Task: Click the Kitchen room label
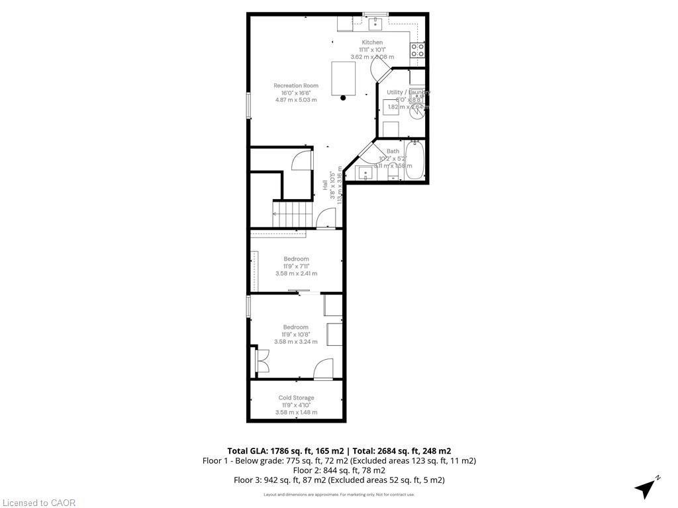pyautogui.click(x=371, y=42)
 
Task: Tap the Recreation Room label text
pyautogui.click(x=296, y=85)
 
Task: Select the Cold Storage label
pyautogui.click(x=296, y=398)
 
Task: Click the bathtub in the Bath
pyautogui.click(x=414, y=160)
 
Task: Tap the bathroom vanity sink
pyautogui.click(x=365, y=173)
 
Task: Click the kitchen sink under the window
pyautogui.click(x=375, y=24)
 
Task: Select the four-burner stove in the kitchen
pyautogui.click(x=417, y=51)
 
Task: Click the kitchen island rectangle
pyautogui.click(x=344, y=78)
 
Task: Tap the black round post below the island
pyautogui.click(x=343, y=99)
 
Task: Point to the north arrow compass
pyautogui.click(x=646, y=488)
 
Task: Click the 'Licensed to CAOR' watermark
pyautogui.click(x=38, y=503)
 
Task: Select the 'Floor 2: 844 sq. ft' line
pyautogui.click(x=338, y=470)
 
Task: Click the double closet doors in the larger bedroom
pyautogui.click(x=261, y=362)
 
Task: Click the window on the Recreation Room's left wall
pyautogui.click(x=249, y=106)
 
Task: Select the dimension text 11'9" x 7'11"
pyautogui.click(x=296, y=266)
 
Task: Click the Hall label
pyautogui.click(x=324, y=186)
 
